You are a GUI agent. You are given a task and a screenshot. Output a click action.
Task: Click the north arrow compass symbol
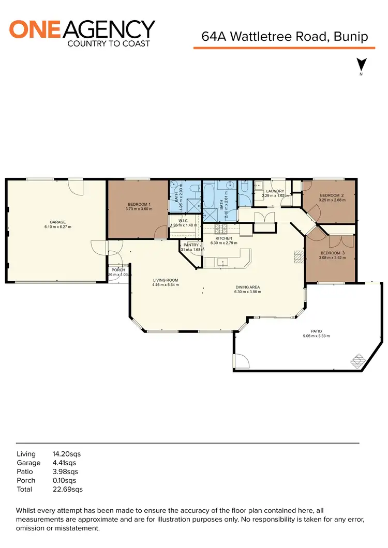[362, 65]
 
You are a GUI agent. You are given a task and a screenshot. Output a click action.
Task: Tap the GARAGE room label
[57, 222]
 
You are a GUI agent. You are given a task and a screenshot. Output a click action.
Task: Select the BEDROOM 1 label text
[138, 205]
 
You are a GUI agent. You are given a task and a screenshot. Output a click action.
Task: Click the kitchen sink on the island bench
[223, 262]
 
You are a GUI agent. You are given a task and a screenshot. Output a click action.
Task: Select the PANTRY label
[191, 245]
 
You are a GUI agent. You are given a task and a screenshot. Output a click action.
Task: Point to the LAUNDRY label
[275, 191]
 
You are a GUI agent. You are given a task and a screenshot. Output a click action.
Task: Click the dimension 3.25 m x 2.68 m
[332, 200]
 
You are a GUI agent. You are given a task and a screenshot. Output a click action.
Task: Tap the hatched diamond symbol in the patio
[358, 359]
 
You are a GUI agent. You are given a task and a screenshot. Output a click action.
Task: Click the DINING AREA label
[247, 287]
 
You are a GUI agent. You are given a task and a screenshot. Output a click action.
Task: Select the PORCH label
[118, 270]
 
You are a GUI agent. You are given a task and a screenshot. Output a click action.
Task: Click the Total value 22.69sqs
[68, 489]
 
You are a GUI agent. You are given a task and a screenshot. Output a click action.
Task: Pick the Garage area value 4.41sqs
[64, 463]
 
